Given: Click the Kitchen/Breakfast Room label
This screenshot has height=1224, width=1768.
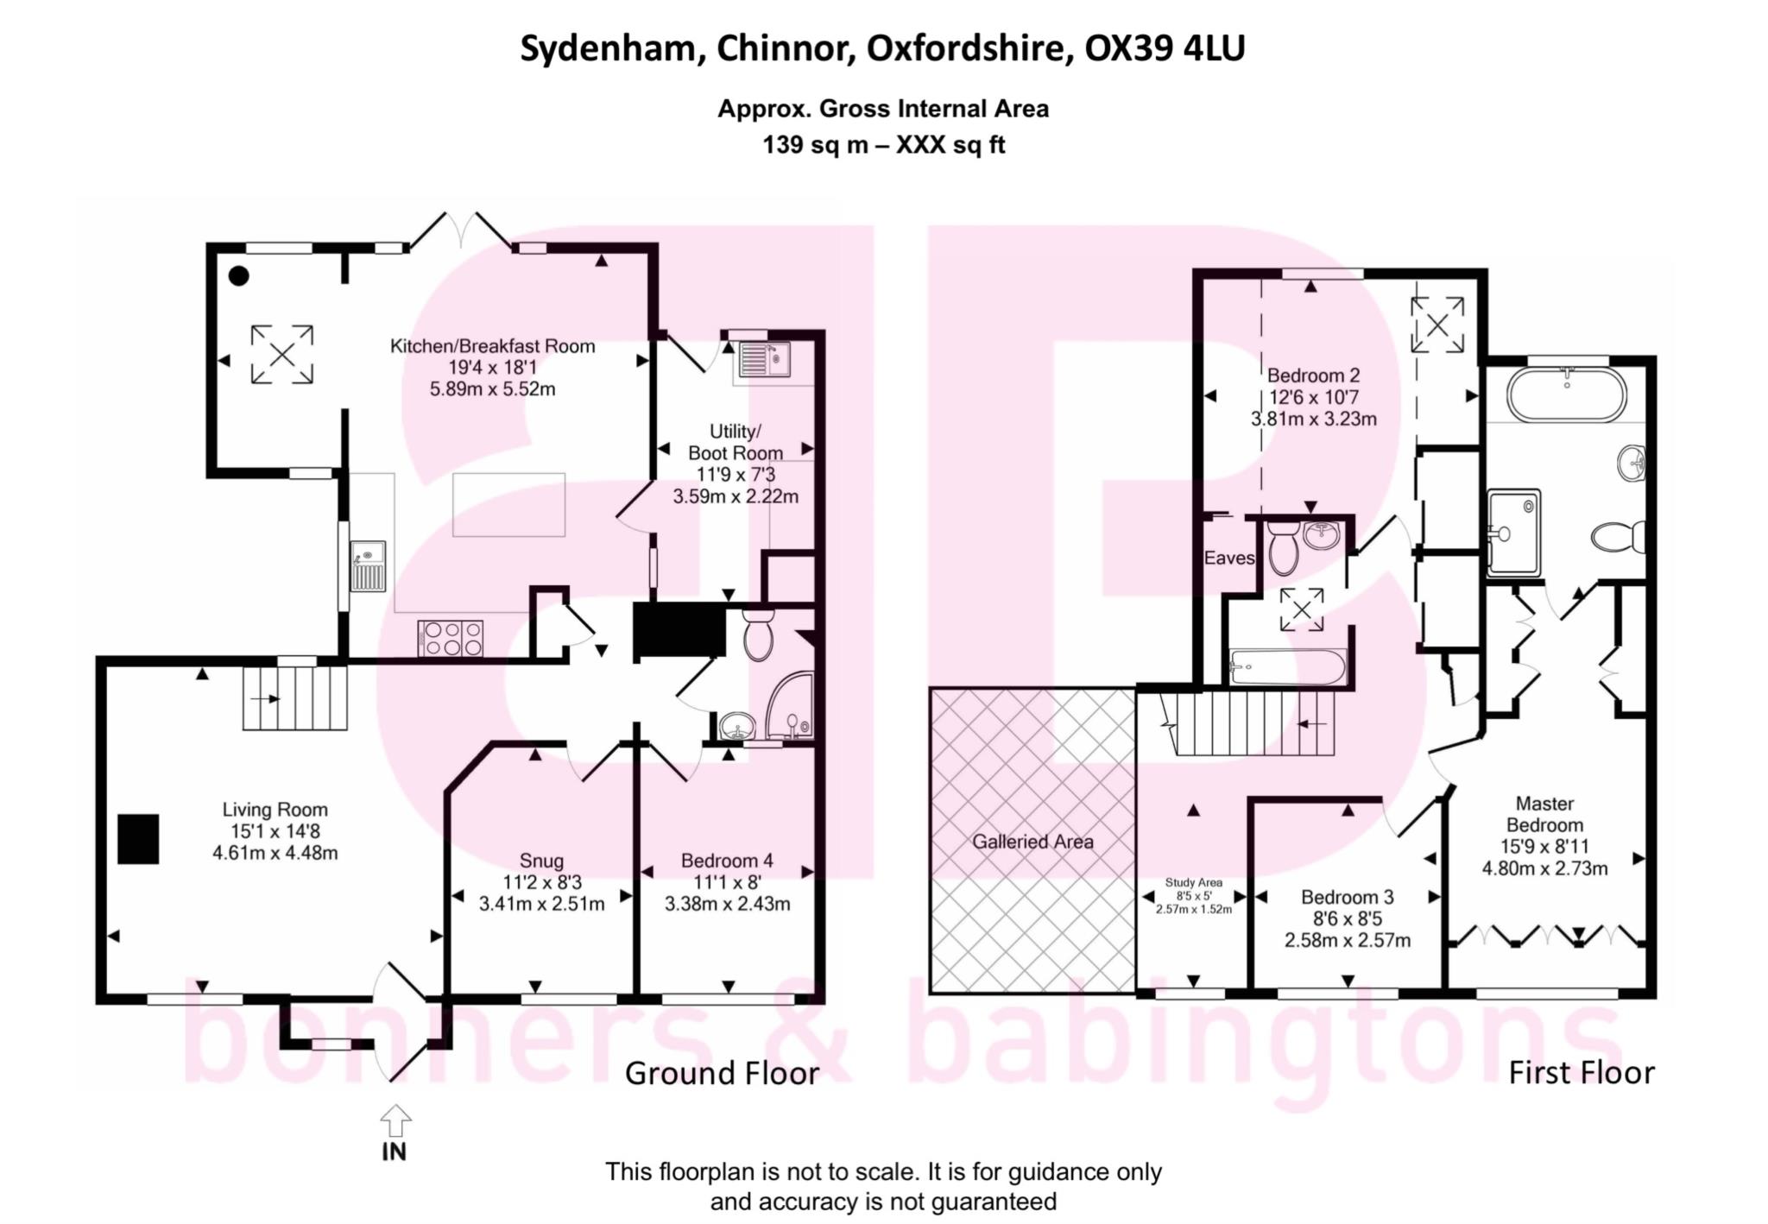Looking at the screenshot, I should click(x=492, y=346).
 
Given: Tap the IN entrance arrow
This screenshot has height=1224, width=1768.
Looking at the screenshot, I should click(x=395, y=1122).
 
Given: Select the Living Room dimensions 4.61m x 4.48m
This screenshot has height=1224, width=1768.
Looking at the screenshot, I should click(x=275, y=853).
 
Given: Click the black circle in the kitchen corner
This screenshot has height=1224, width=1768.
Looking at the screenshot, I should click(x=239, y=276).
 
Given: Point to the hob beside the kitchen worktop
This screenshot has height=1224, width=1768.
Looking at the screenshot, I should click(x=450, y=639).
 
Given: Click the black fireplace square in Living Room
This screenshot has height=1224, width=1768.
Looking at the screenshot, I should click(x=138, y=838).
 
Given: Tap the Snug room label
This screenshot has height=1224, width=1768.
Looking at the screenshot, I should click(x=541, y=861).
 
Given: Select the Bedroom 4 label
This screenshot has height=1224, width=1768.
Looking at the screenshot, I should click(x=727, y=861).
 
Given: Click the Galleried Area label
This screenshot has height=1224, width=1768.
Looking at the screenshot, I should click(x=1032, y=842).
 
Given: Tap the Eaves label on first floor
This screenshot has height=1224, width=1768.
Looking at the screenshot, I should click(x=1228, y=558).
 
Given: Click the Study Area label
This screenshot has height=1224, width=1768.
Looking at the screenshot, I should click(x=1193, y=882).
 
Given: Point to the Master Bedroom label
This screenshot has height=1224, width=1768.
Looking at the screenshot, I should click(x=1544, y=814).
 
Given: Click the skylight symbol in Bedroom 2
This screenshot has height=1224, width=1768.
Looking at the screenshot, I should click(x=1437, y=325).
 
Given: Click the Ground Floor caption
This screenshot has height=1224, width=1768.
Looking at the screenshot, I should click(x=722, y=1073).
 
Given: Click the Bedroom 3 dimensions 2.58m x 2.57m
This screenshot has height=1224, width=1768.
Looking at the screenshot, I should click(x=1347, y=940).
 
